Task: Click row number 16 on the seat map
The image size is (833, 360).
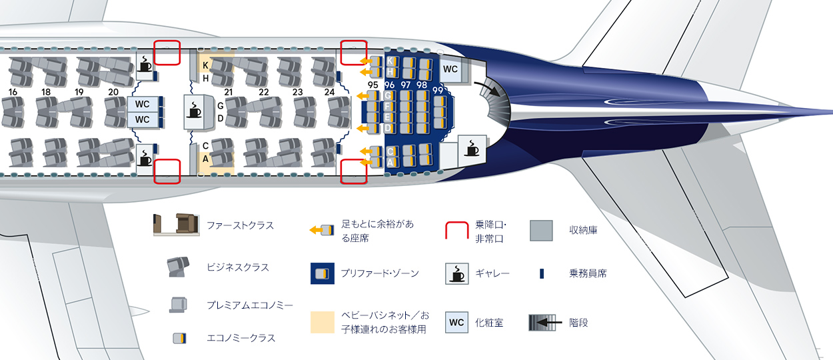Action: [x=13, y=92]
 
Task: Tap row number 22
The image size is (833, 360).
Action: [x=264, y=92]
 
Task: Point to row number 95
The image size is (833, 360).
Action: [x=373, y=85]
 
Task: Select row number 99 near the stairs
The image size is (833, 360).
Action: [x=438, y=91]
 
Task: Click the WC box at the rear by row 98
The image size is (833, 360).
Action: [x=450, y=69]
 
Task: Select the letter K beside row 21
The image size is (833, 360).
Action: [x=205, y=65]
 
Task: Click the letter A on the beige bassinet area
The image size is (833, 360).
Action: [x=205, y=159]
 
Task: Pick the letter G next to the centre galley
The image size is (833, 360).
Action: [x=220, y=106]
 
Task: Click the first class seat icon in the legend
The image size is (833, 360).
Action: [x=177, y=225]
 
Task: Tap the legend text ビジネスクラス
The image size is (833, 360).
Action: [x=238, y=267]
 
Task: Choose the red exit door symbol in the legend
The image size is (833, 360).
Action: [x=456, y=230]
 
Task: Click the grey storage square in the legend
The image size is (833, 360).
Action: [x=541, y=231]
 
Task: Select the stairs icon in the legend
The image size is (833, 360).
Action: [x=545, y=323]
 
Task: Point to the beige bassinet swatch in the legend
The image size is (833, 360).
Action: [x=323, y=323]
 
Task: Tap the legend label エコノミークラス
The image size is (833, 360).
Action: [x=241, y=338]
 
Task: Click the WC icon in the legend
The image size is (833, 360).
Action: [x=456, y=323]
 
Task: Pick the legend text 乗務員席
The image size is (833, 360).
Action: [x=588, y=274]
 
